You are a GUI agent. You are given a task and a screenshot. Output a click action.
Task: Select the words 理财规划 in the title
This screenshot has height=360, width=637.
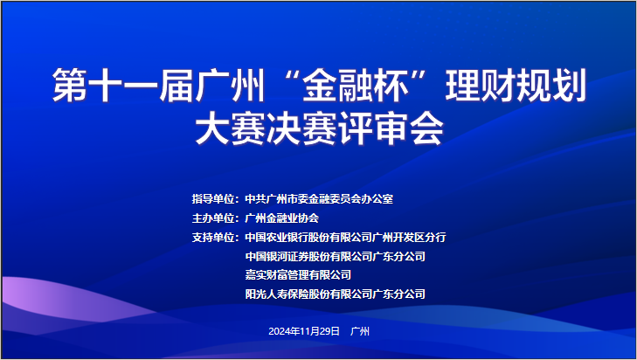[516, 86]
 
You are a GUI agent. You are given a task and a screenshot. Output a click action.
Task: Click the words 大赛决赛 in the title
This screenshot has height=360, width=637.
[267, 128]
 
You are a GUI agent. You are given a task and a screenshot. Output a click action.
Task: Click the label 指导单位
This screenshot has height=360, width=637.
[213, 199]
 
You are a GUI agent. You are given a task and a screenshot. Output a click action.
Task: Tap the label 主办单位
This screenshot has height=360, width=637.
[213, 218]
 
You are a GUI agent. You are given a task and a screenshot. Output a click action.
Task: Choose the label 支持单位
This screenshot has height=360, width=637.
[213, 238]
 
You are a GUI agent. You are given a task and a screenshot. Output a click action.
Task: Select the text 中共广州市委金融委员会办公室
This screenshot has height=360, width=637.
[319, 199]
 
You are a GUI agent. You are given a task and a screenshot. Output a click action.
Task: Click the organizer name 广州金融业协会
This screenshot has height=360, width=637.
[282, 218]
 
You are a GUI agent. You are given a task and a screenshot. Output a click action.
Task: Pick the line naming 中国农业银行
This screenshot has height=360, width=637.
[345, 238]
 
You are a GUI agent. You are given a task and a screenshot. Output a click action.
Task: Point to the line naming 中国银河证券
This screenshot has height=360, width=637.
[336, 256]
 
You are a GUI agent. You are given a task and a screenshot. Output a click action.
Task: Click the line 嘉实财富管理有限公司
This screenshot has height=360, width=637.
[298, 275]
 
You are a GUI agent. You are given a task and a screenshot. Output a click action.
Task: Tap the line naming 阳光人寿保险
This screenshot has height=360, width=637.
[336, 294]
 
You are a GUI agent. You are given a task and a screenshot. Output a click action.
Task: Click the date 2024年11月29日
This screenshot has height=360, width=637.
[304, 331]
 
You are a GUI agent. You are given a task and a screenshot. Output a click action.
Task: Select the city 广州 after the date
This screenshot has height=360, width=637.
[360, 331]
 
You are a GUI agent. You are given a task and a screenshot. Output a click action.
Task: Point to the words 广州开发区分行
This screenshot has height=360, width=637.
[409, 238]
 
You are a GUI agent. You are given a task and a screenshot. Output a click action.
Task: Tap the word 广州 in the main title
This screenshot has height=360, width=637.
[231, 86]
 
